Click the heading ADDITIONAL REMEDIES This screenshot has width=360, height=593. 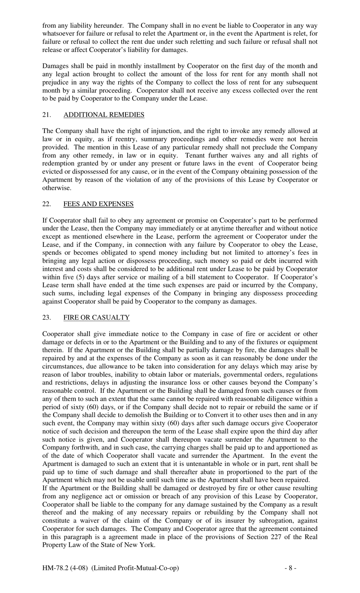point(104,115)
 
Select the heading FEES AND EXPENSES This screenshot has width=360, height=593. point(99,204)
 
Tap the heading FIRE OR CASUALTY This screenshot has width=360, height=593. point(97,317)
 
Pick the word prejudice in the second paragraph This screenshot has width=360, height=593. point(56,82)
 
